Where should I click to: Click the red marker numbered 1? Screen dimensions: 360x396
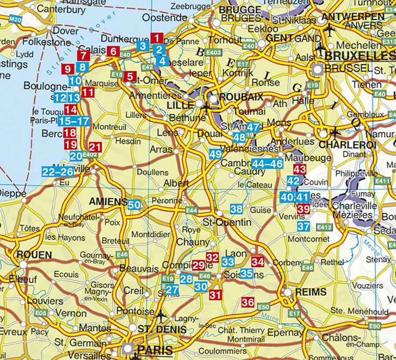(156, 38)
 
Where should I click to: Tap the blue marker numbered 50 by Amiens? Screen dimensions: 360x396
(134, 204)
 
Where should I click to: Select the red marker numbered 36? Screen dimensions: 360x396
(248, 302)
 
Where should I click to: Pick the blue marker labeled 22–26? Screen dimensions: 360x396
(57, 172)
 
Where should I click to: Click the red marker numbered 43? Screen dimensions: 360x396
(300, 169)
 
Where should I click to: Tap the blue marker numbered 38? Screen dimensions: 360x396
(237, 209)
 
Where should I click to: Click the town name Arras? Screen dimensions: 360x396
(161, 150)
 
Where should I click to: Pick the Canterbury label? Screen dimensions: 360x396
(60, 8)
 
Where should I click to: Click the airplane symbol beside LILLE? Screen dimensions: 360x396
(205, 105)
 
